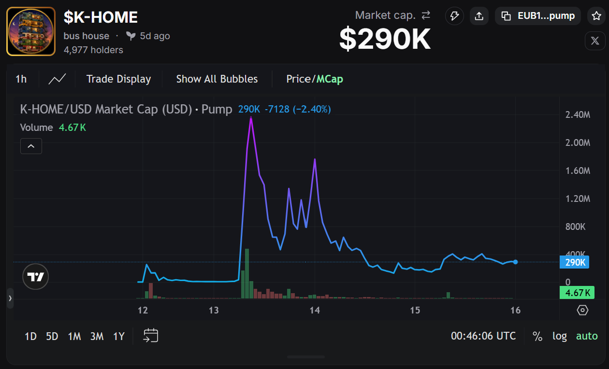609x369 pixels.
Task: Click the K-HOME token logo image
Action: (31, 31)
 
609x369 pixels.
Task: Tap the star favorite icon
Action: (596, 16)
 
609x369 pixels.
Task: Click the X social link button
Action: (595, 41)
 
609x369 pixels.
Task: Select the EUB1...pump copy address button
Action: (538, 16)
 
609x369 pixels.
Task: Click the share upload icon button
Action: (479, 16)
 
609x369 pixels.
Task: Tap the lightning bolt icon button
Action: (454, 16)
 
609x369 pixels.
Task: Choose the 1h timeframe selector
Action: (21, 79)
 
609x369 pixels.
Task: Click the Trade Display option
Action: (118, 79)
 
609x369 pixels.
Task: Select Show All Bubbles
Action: (217, 79)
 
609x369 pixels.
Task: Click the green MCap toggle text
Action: (330, 79)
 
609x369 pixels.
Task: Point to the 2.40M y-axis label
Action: (578, 114)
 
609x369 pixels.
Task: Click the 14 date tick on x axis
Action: (315, 310)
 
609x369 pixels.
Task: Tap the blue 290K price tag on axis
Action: (575, 262)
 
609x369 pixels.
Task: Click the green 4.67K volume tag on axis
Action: (577, 293)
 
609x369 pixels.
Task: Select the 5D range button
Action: (52, 336)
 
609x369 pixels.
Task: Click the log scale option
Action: (560, 336)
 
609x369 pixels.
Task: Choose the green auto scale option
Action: (587, 336)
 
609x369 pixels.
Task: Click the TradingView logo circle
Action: (36, 277)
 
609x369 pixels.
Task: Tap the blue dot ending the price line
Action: (515, 262)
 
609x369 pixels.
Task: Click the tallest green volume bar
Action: (247, 273)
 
